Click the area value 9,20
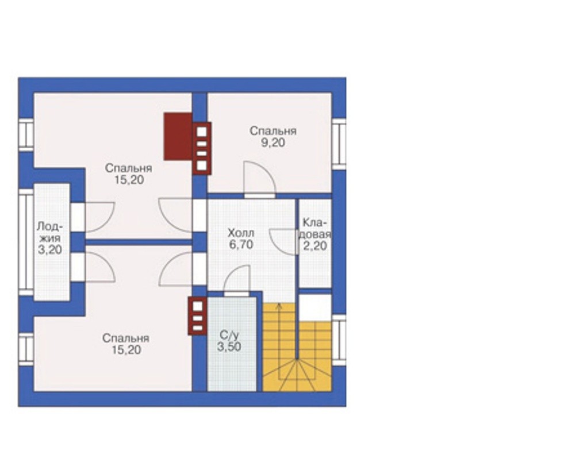273,142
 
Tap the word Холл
241,233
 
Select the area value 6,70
241,244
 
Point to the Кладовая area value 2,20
315,246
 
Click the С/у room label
229,336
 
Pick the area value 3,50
229,347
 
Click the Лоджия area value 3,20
50,249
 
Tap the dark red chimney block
178,136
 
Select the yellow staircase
297,347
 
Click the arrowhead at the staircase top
279,305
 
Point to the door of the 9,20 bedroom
260,178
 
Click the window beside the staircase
339,340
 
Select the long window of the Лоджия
26,242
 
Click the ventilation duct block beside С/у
198,316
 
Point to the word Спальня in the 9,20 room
273,131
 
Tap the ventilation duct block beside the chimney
202,148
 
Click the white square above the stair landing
315,307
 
